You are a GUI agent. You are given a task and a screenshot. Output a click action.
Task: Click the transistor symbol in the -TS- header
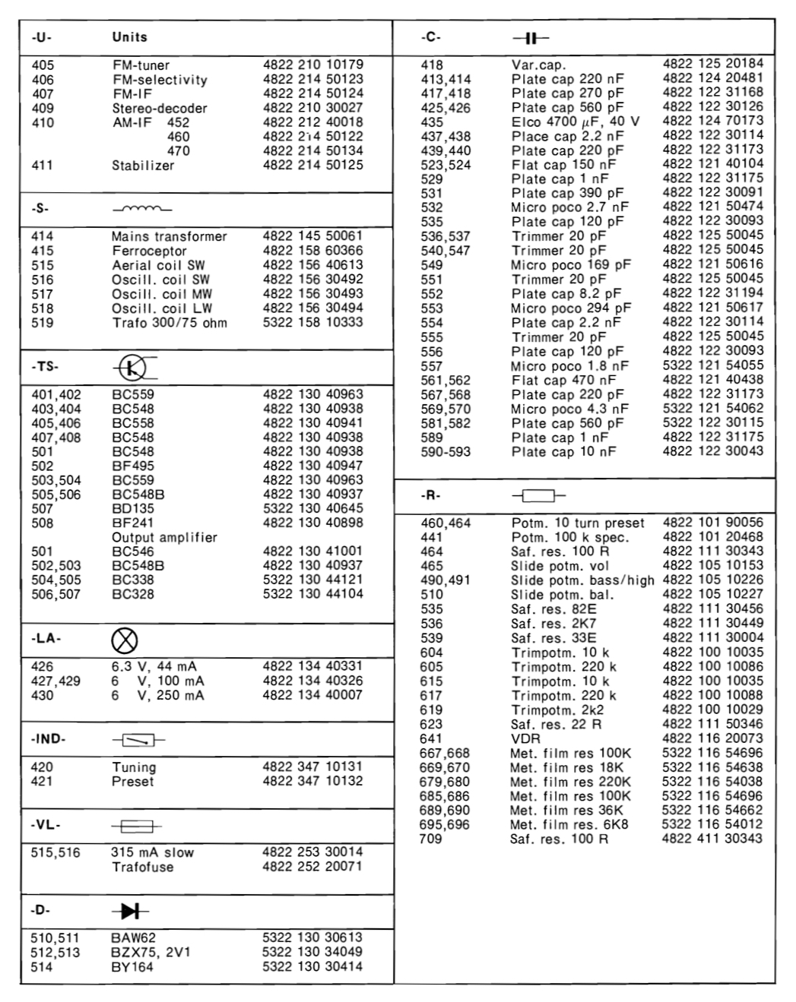click(134, 368)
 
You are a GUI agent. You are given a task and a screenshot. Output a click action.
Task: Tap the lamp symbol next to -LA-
click(125, 641)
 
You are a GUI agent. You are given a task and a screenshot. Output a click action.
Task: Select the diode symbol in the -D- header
click(130, 911)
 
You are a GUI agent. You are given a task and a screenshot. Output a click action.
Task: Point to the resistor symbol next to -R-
click(538, 496)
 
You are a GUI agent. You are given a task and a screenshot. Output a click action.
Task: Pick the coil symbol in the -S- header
click(141, 209)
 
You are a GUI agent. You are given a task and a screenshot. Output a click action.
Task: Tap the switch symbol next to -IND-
click(138, 740)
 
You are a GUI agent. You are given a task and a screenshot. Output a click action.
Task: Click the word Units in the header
click(129, 37)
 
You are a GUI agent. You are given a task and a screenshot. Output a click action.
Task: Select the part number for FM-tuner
click(312, 65)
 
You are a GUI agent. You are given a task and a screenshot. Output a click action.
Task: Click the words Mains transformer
click(169, 236)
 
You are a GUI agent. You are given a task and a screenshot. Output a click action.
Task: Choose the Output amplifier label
click(164, 537)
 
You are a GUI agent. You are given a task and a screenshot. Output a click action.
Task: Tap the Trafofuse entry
click(141, 867)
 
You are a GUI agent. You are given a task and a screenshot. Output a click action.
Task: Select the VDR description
click(525, 738)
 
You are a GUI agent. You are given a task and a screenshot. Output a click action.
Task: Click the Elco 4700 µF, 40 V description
click(575, 122)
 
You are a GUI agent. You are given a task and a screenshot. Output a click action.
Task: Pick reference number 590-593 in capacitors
click(446, 452)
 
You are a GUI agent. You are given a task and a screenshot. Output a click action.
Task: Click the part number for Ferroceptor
click(312, 251)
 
